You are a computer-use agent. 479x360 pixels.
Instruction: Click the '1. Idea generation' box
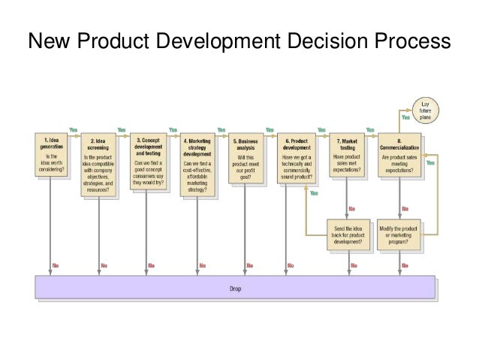click(x=51, y=155)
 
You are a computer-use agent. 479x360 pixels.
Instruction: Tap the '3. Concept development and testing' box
click(x=147, y=160)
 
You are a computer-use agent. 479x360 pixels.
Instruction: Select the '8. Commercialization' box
click(x=401, y=155)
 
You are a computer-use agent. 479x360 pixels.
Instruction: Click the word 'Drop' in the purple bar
click(x=235, y=288)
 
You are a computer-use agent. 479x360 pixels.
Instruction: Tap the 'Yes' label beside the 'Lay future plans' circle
click(x=405, y=117)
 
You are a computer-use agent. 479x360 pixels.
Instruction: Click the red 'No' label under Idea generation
click(x=57, y=265)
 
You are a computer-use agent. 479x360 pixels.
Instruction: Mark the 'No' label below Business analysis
click(x=251, y=265)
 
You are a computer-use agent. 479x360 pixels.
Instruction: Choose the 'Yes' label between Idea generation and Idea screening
click(x=74, y=129)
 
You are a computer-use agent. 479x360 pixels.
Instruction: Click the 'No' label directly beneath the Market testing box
click(x=353, y=208)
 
